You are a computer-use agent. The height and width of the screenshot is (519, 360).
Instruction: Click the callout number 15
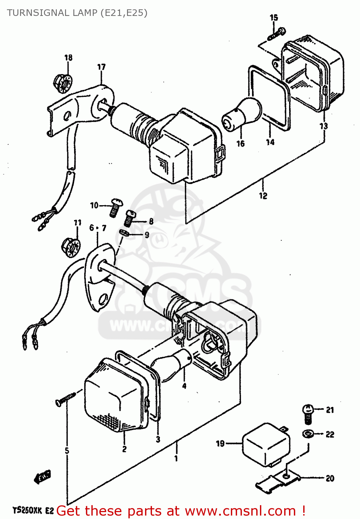pos(273,17)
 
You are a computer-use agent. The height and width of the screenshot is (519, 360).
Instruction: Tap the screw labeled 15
pos(277,34)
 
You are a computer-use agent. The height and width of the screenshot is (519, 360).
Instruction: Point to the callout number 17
pos(101,67)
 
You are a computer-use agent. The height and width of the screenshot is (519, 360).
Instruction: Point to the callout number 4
pos(184,385)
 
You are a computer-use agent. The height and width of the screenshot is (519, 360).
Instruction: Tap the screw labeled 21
pos(308,414)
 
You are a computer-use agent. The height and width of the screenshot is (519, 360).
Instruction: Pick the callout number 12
pos(263,195)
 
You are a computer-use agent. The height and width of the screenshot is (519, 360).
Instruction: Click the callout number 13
pos(323,126)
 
